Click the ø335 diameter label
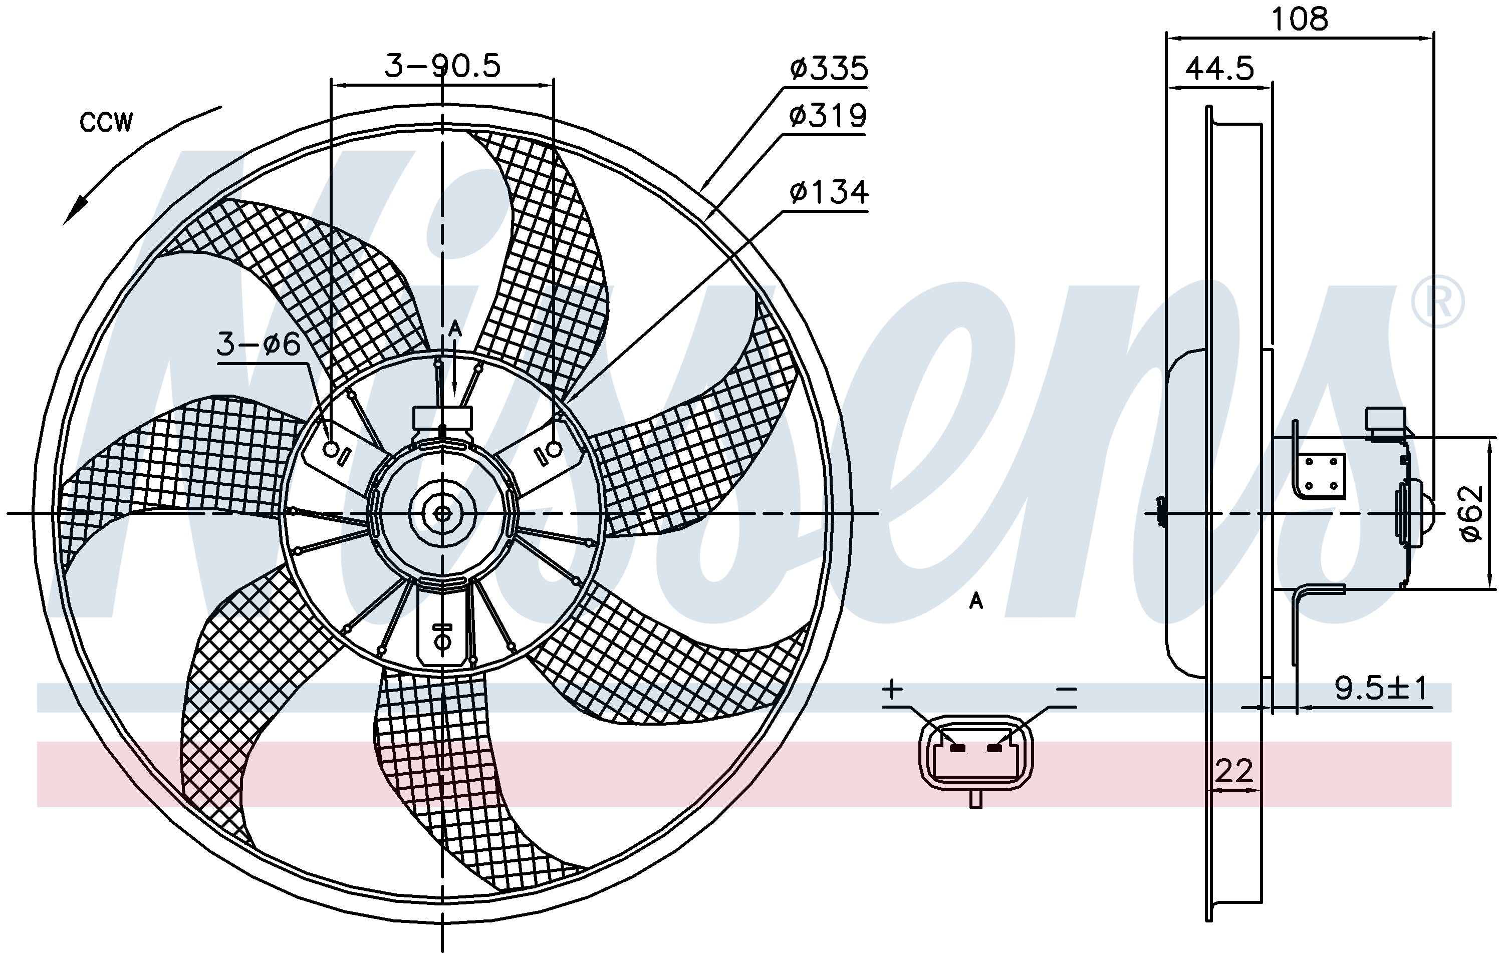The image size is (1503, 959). point(828,68)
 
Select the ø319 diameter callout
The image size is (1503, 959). point(828,116)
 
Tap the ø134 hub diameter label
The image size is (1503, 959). point(828,192)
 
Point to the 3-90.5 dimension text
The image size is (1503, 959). point(442,66)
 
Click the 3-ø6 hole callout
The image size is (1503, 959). point(259,344)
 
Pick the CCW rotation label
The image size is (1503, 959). point(106,122)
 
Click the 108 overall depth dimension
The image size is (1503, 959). point(1300,20)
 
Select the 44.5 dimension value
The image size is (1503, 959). point(1219,68)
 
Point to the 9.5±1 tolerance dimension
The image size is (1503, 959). point(1381,689)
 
